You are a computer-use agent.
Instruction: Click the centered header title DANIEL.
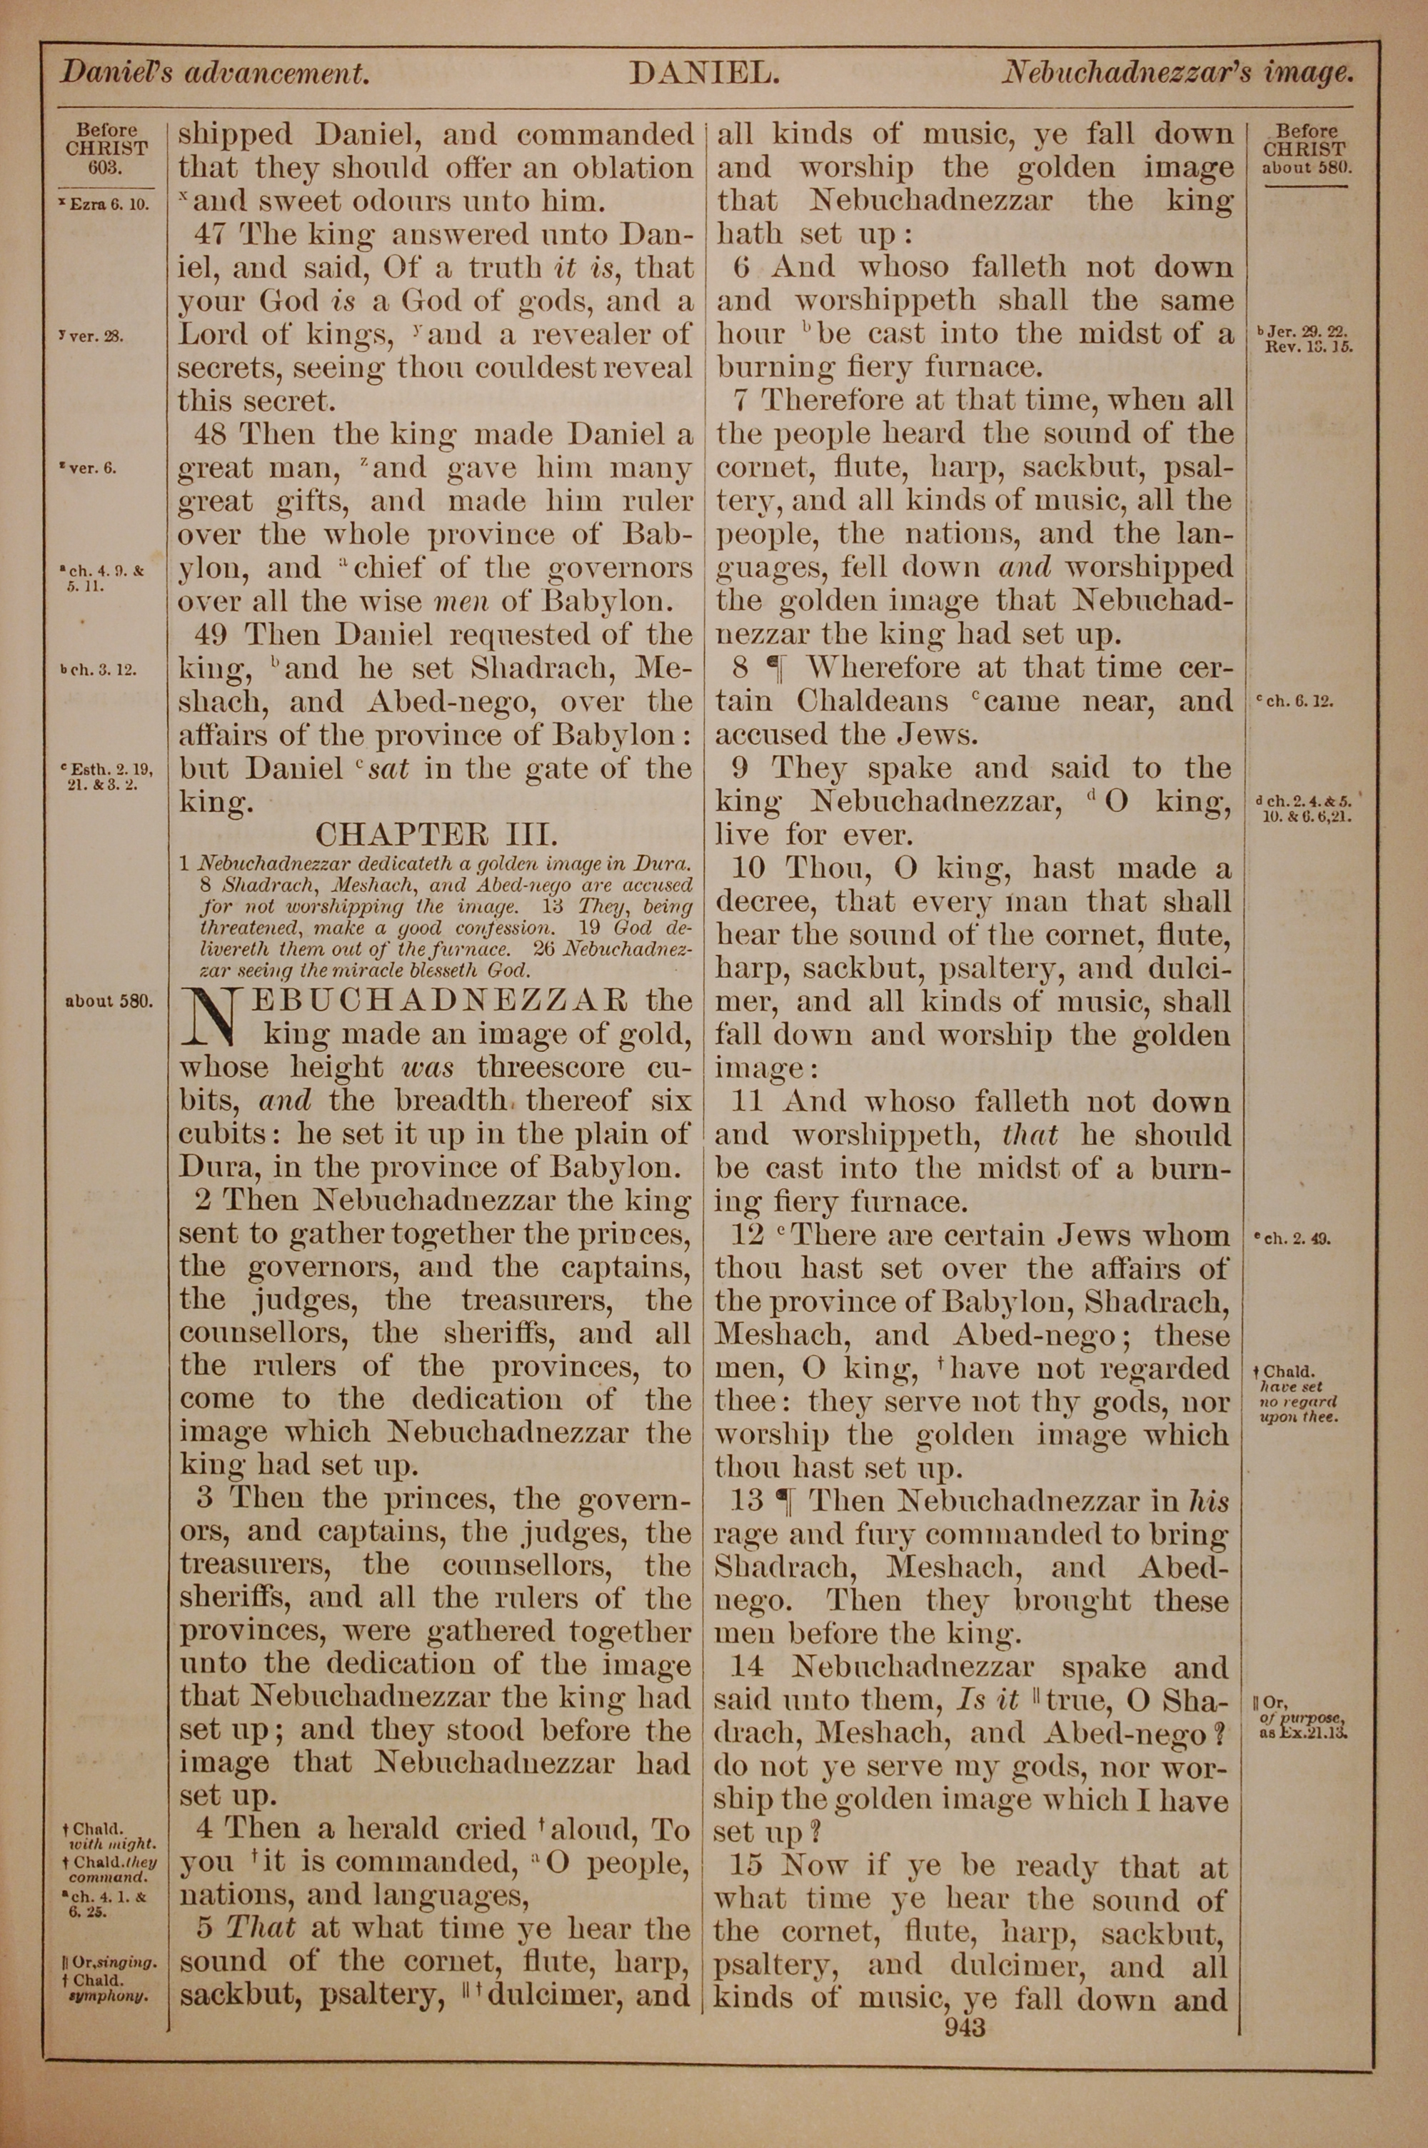pyautogui.click(x=703, y=74)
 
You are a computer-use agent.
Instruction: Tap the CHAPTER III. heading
pyautogui.click(x=436, y=834)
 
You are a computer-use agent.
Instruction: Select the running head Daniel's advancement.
pyautogui.click(x=215, y=73)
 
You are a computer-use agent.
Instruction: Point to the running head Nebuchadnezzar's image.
pyautogui.click(x=1177, y=73)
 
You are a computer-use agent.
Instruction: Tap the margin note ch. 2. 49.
pyautogui.click(x=1297, y=1238)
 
